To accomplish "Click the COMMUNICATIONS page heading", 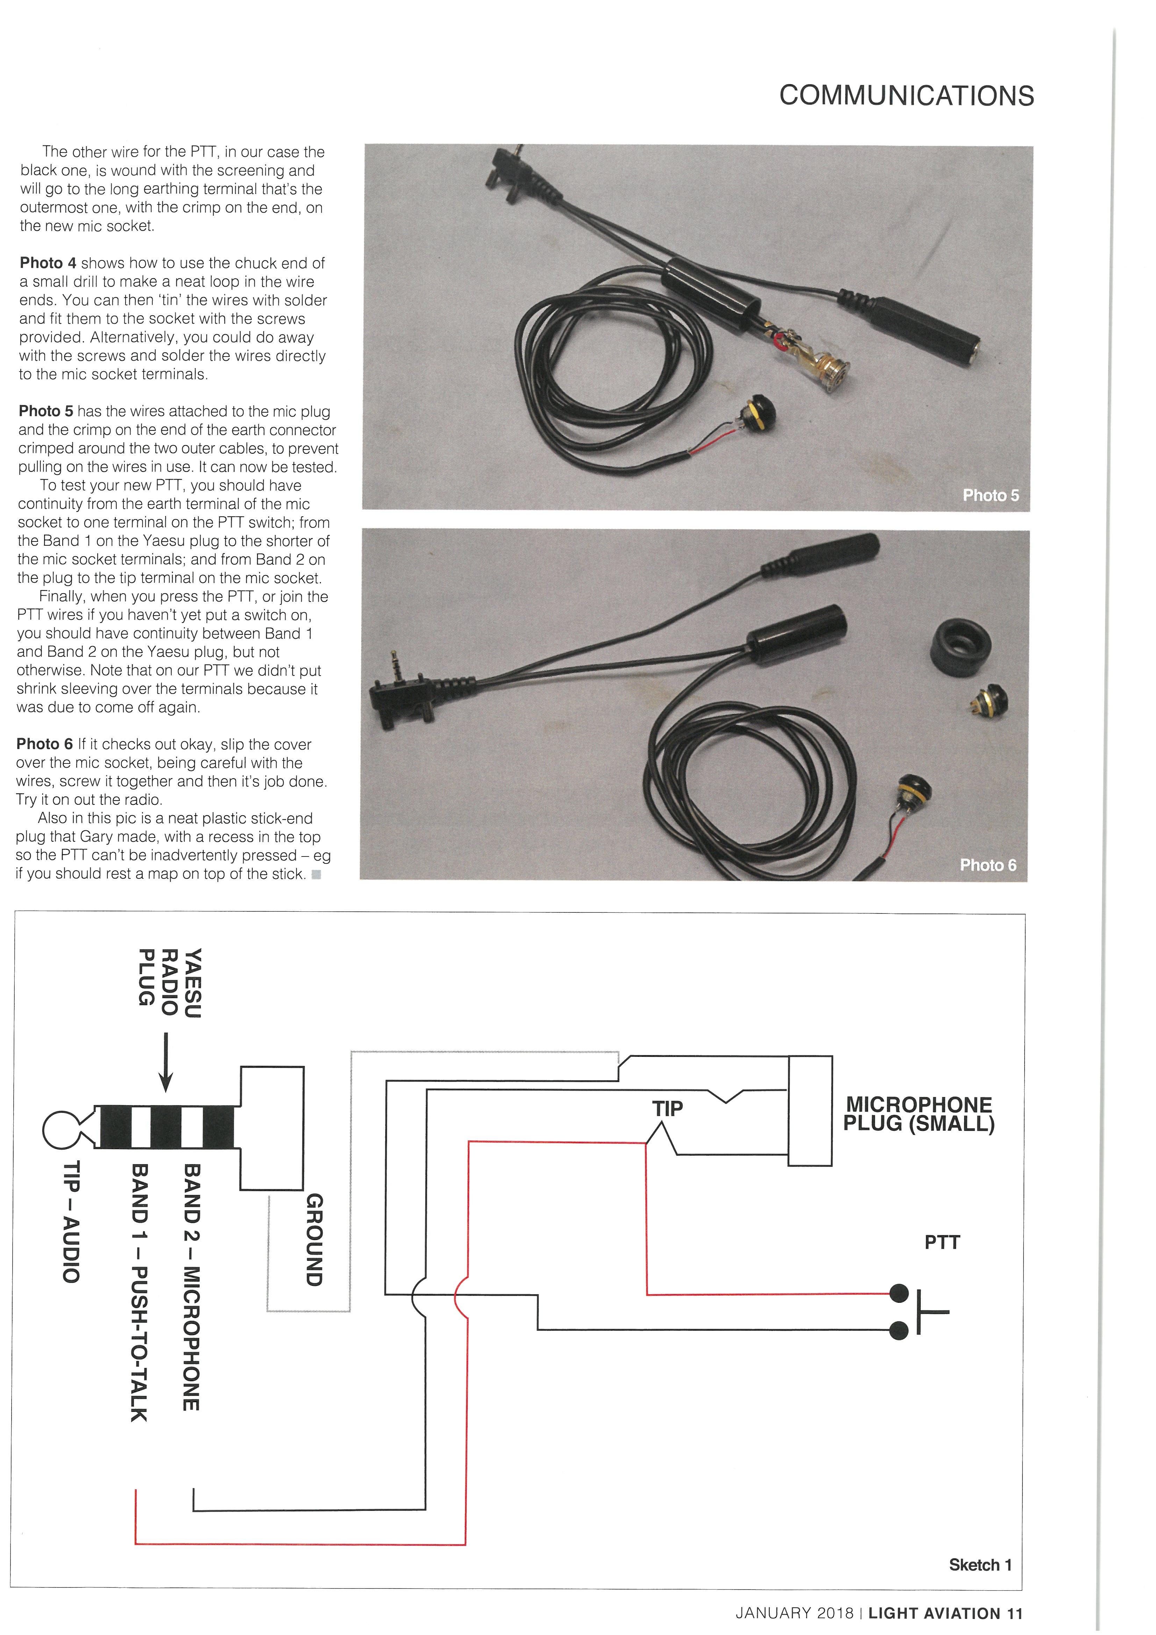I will (906, 95).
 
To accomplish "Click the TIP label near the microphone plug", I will (667, 1108).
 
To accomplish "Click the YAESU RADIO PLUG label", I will (170, 983).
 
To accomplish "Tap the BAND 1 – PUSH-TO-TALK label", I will (139, 1282).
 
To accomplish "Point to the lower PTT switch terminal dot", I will (899, 1329).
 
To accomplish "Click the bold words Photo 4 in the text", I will (48, 263).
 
